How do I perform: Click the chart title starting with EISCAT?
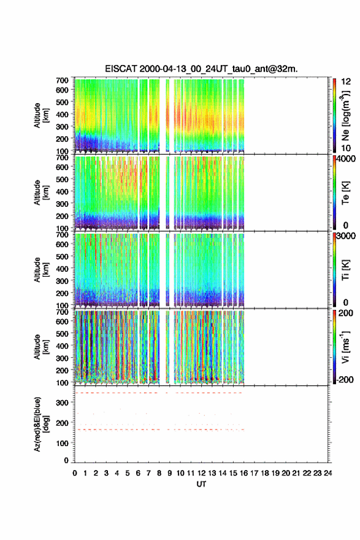click(x=201, y=69)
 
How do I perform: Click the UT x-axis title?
click(x=201, y=484)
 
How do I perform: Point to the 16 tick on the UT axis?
click(x=243, y=473)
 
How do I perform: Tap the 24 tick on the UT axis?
click(x=327, y=473)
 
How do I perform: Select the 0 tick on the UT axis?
click(x=75, y=473)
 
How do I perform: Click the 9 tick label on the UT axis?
click(x=170, y=473)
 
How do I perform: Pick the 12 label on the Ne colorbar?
click(x=346, y=82)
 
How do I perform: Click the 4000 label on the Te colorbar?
click(x=346, y=159)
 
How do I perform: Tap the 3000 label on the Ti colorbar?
click(x=346, y=236)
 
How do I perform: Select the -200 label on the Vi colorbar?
click(x=345, y=379)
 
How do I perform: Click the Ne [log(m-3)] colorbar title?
click(x=345, y=115)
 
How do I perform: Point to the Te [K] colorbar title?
click(x=345, y=193)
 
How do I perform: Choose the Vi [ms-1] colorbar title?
click(x=345, y=347)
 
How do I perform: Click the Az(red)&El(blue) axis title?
click(x=41, y=424)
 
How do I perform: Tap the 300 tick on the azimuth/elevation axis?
click(x=63, y=403)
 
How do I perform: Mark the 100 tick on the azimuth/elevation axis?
click(x=63, y=443)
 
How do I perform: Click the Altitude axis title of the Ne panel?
click(x=41, y=115)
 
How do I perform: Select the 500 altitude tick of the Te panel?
click(x=63, y=179)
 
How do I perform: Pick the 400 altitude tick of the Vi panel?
click(x=63, y=345)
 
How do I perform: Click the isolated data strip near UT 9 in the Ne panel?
click(x=167, y=115)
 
